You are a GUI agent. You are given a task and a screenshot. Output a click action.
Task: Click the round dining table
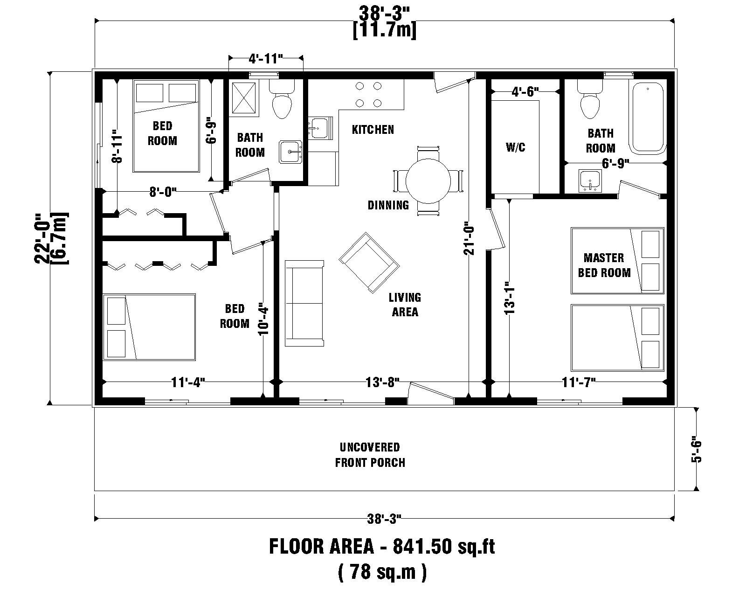click(x=428, y=181)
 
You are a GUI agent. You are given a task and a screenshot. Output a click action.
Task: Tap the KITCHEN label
click(x=373, y=130)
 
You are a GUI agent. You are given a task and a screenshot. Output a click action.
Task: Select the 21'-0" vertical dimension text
click(x=469, y=240)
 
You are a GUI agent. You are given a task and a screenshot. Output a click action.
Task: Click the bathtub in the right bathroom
click(x=648, y=118)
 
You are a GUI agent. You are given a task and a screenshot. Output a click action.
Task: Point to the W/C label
click(x=515, y=147)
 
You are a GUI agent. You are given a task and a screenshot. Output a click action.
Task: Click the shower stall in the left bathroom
click(x=244, y=98)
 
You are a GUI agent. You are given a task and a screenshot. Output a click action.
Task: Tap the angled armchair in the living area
click(x=369, y=264)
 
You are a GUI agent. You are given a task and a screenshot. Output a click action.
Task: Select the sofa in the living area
click(x=304, y=303)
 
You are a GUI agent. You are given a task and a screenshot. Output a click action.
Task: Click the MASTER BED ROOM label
click(x=604, y=265)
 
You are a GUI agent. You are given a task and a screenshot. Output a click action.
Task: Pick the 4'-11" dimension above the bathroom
click(x=266, y=59)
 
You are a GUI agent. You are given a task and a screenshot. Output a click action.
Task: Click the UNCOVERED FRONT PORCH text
click(x=370, y=455)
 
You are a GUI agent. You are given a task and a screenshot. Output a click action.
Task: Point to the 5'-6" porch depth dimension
click(x=697, y=450)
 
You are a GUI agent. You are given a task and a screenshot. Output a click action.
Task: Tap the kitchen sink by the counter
click(x=319, y=127)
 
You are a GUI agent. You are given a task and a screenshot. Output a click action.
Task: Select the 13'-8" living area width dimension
click(x=383, y=383)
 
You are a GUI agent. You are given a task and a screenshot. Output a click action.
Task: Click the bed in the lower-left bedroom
click(x=149, y=326)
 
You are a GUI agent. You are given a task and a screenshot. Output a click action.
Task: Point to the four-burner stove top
click(x=368, y=94)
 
